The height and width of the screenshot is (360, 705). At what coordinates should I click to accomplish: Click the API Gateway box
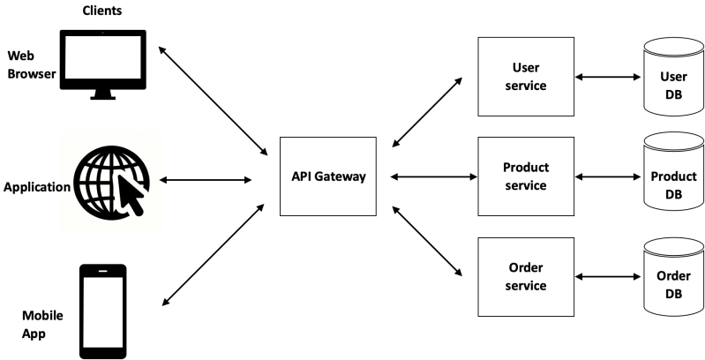click(x=327, y=176)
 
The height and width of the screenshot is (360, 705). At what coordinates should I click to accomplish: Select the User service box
click(x=526, y=76)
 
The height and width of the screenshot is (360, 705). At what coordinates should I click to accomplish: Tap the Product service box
click(x=526, y=176)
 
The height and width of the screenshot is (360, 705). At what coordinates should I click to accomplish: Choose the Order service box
click(x=526, y=277)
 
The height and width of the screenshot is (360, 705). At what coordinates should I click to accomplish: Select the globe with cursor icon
click(x=111, y=181)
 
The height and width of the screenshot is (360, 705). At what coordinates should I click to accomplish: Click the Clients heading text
click(x=102, y=11)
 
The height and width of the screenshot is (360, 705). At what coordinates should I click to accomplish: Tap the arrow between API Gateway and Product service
click(x=431, y=177)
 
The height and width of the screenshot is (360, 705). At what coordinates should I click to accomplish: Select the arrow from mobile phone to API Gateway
click(x=214, y=255)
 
